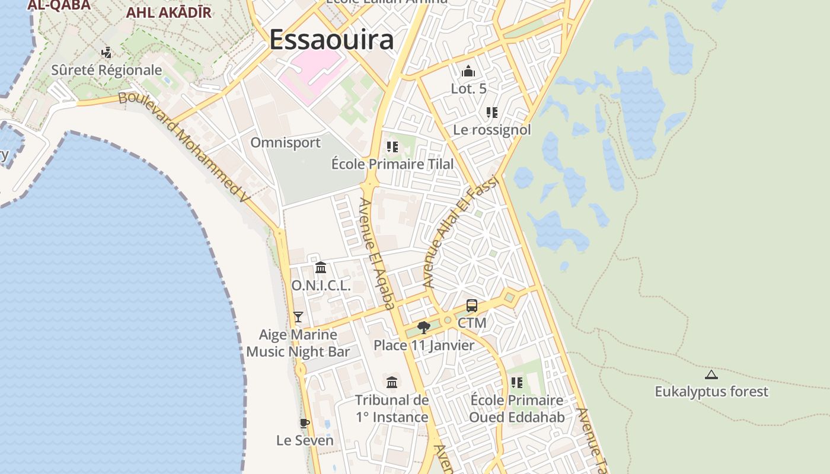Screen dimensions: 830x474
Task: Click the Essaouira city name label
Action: tap(331, 40)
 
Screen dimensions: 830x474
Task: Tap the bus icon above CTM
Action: tap(472, 306)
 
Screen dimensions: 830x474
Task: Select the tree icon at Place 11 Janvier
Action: tap(423, 327)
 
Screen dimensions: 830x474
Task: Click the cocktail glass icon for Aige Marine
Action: tap(298, 317)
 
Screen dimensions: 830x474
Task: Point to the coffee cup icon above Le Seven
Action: tap(304, 423)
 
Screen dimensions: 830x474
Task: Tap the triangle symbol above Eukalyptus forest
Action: tap(711, 374)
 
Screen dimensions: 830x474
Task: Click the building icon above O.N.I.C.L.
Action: tap(321, 268)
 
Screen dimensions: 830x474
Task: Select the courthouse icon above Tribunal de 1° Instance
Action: tap(392, 382)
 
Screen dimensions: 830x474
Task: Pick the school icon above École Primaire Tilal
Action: tap(392, 146)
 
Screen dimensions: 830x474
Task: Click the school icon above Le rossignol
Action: tap(491, 113)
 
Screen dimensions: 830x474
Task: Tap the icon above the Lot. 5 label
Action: tap(468, 72)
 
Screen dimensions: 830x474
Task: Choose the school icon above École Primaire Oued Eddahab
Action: tap(517, 383)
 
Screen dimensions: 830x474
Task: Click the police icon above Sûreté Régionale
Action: tap(107, 53)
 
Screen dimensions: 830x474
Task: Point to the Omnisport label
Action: tap(285, 143)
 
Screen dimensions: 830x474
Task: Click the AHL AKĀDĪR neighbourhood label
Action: tap(169, 12)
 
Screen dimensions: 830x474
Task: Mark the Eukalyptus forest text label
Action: tap(711, 392)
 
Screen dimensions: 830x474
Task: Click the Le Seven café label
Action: tap(305, 441)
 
